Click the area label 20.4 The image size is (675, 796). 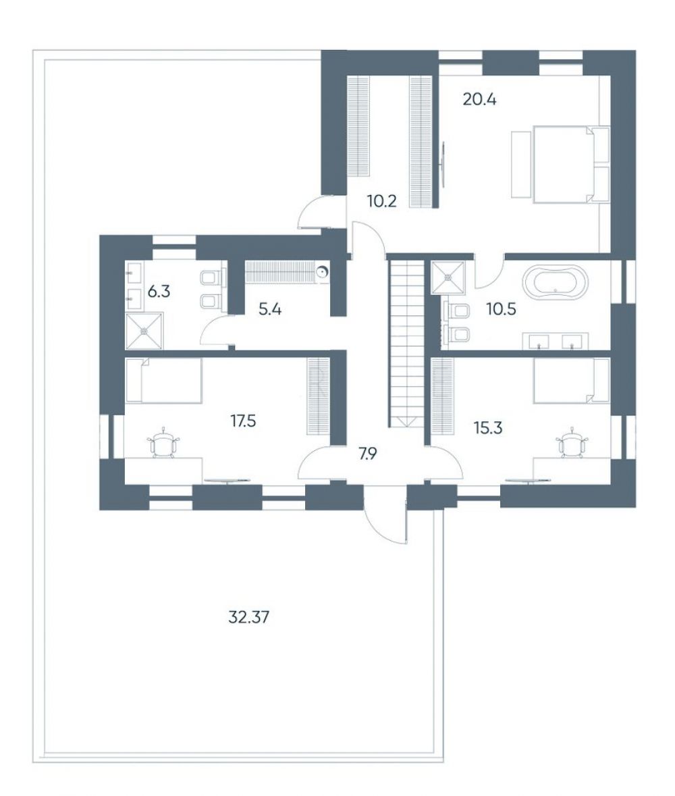[x=479, y=99]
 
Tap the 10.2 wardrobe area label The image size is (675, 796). [x=381, y=202]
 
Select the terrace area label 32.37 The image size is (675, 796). [x=248, y=617]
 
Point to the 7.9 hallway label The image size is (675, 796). [x=367, y=453]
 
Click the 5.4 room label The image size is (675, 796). [x=269, y=309]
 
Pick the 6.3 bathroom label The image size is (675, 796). [x=159, y=292]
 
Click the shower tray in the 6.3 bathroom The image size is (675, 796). [x=144, y=331]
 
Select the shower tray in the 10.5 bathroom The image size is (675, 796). [x=448, y=277]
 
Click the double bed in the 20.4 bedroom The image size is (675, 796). [x=564, y=164]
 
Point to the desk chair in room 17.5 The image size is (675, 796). [x=164, y=443]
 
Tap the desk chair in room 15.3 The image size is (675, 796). [x=572, y=443]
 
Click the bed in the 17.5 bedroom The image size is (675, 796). [x=163, y=381]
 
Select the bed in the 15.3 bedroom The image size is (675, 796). [x=572, y=381]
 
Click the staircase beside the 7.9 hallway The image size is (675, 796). [x=406, y=344]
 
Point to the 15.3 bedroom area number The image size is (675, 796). [x=488, y=428]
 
